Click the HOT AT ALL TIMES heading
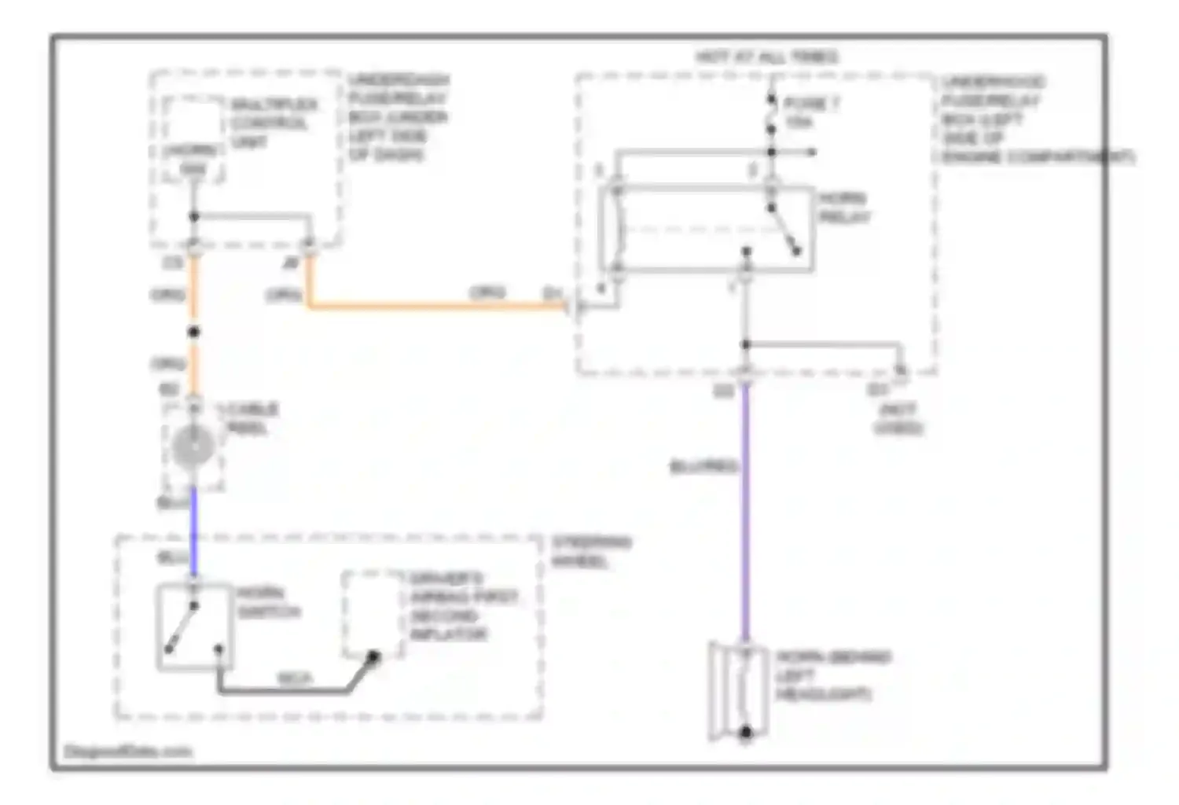(767, 57)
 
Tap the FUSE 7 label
(810, 112)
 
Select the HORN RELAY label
(843, 208)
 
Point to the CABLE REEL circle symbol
(193, 447)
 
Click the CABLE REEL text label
(250, 418)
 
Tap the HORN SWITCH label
(268, 602)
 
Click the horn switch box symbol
(193, 627)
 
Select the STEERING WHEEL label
(591, 551)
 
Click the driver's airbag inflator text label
(462, 607)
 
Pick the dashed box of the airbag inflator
(373, 615)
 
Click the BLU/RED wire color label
(703, 467)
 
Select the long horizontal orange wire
(436, 306)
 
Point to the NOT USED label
(898, 418)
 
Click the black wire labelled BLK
(283, 691)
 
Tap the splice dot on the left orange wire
(193, 332)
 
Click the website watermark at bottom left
(127, 752)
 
